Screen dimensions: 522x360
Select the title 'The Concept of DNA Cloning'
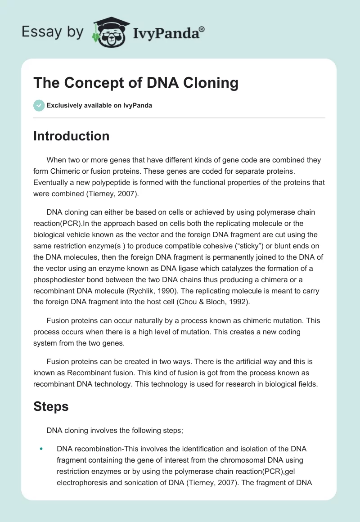(136, 83)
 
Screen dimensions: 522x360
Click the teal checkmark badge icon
(39, 105)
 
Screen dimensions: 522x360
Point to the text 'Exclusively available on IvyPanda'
(99, 106)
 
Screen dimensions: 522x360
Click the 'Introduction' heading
(71, 136)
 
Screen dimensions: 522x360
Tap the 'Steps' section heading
(51, 407)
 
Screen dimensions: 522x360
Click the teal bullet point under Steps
(41, 449)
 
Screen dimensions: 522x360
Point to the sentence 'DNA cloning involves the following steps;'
(115, 430)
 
